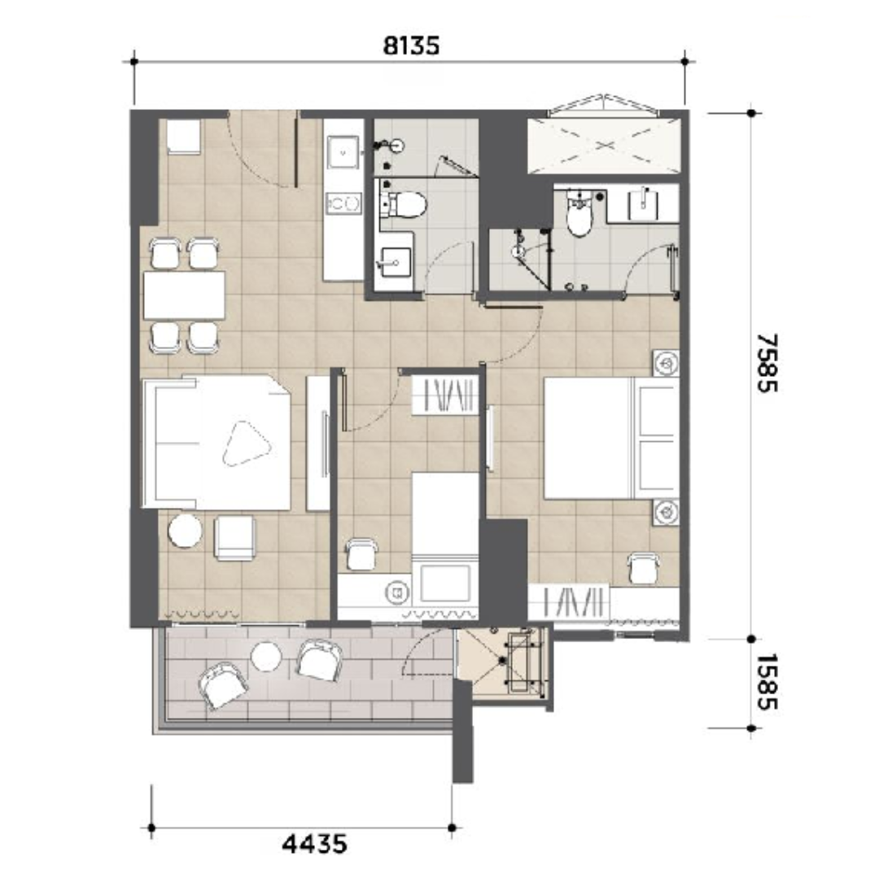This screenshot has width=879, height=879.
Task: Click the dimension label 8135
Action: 411,46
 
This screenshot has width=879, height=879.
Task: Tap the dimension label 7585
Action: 767,363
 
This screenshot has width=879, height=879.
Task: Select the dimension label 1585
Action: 767,682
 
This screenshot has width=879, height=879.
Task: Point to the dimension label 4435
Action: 314,843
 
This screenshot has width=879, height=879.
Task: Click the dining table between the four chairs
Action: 184,295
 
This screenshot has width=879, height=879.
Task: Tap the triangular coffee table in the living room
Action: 246,443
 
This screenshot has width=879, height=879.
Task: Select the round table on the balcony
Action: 265,657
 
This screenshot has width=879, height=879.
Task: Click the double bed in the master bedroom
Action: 611,438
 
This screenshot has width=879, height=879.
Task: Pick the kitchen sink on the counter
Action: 343,151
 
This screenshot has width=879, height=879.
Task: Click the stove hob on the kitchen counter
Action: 343,203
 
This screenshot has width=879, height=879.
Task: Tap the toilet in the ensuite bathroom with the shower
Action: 579,215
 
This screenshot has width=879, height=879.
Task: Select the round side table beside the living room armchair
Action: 185,531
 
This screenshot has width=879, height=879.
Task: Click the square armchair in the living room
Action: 235,538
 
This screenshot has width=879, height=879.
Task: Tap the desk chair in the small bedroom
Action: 361,554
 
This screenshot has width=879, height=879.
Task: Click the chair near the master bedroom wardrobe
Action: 644,566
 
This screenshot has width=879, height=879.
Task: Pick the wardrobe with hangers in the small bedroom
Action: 446,396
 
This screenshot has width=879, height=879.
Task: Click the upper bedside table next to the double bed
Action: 666,363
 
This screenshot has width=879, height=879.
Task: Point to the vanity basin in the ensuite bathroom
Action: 643,204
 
